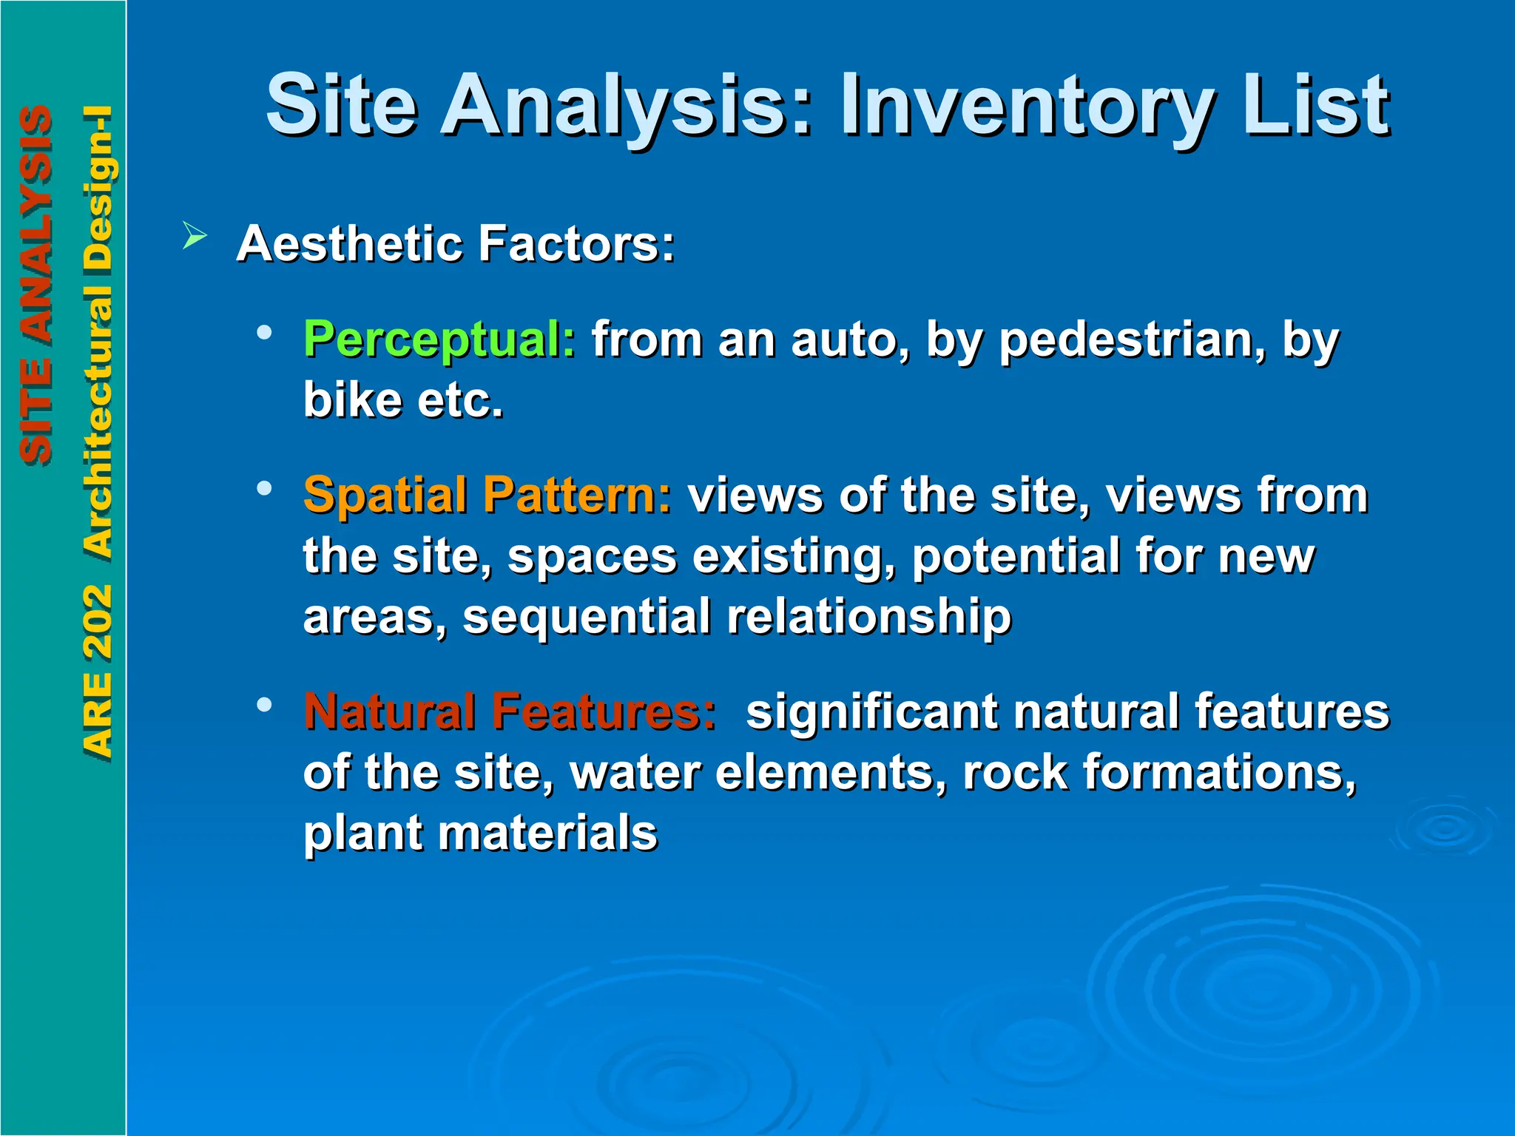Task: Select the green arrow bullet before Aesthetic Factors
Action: point(195,237)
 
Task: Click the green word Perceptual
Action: point(439,341)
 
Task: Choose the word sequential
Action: point(586,618)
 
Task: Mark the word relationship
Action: point(868,617)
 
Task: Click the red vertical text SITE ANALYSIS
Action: point(36,285)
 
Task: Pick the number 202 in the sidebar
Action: point(97,621)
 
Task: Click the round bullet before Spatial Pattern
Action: point(264,488)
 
